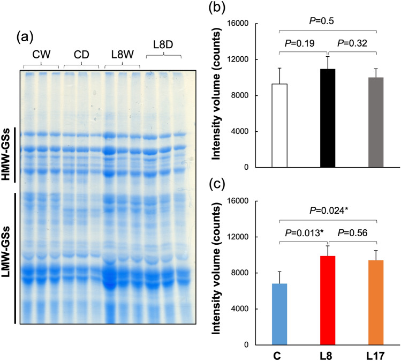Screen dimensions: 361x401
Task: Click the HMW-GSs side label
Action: (6, 155)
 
